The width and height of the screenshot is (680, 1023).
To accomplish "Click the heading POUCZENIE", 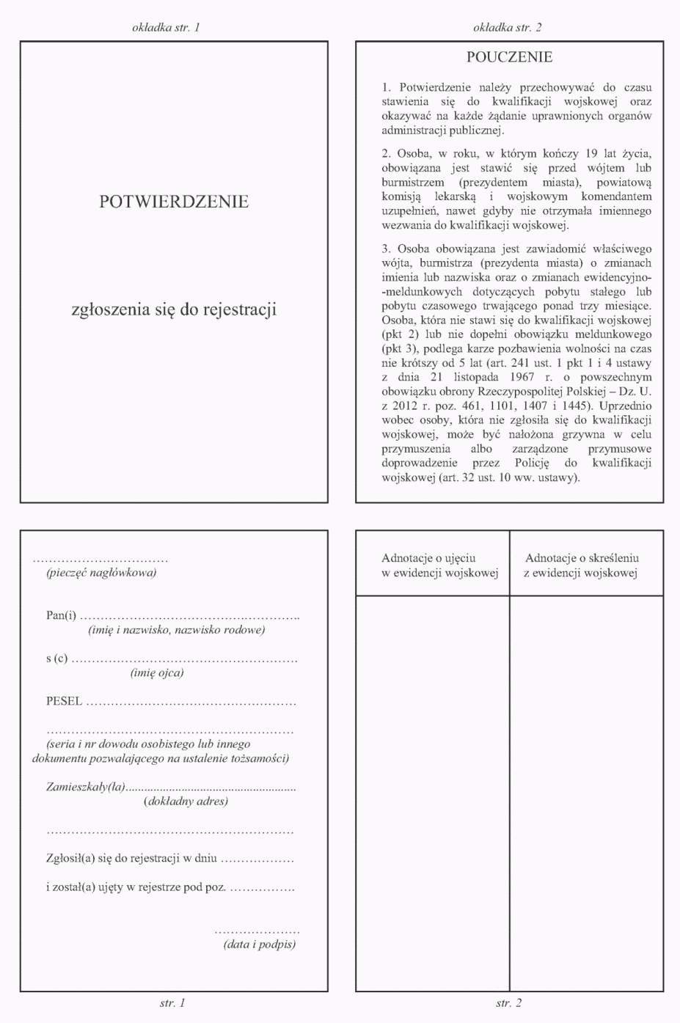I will click(509, 57).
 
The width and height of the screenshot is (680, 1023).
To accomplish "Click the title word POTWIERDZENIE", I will click(174, 202).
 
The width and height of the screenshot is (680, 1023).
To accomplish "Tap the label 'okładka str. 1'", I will click(166, 28).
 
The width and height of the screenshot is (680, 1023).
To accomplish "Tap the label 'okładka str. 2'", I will click(508, 28).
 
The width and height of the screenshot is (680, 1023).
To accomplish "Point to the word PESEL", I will click(64, 701).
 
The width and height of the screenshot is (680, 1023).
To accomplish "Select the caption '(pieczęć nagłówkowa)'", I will click(101, 573).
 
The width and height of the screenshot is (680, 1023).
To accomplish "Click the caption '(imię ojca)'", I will click(157, 672).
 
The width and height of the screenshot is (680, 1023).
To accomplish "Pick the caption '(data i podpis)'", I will click(260, 944).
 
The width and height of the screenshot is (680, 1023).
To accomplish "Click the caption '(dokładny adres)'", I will click(186, 801).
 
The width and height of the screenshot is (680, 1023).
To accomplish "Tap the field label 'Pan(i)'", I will click(61, 615).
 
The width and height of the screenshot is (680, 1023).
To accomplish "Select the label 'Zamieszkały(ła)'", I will click(85, 787).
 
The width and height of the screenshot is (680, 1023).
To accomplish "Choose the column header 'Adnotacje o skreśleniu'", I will click(582, 559).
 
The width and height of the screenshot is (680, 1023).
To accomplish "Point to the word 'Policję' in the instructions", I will click(532, 463).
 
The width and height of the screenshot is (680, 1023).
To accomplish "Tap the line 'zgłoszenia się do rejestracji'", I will click(174, 309).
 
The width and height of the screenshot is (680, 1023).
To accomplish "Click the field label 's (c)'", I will click(56, 658).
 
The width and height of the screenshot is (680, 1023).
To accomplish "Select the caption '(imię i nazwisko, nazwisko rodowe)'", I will click(176, 629).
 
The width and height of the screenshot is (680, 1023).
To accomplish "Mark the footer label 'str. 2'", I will click(508, 1003).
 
